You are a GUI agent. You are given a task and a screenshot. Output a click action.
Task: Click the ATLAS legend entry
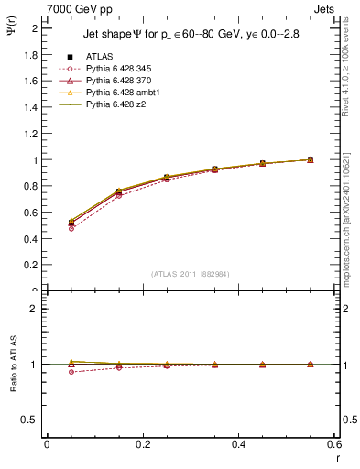pyautogui.click(x=100, y=56)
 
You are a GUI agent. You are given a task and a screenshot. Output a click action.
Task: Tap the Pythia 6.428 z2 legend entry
pyautogui.click(x=111, y=104)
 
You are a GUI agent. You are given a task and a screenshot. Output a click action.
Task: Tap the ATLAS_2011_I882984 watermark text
pyautogui.click(x=191, y=273)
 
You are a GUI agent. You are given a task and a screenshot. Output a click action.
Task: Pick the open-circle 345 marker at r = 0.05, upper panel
pyautogui.click(x=71, y=228)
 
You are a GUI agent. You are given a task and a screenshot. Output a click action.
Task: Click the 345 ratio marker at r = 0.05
pyautogui.click(x=71, y=372)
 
